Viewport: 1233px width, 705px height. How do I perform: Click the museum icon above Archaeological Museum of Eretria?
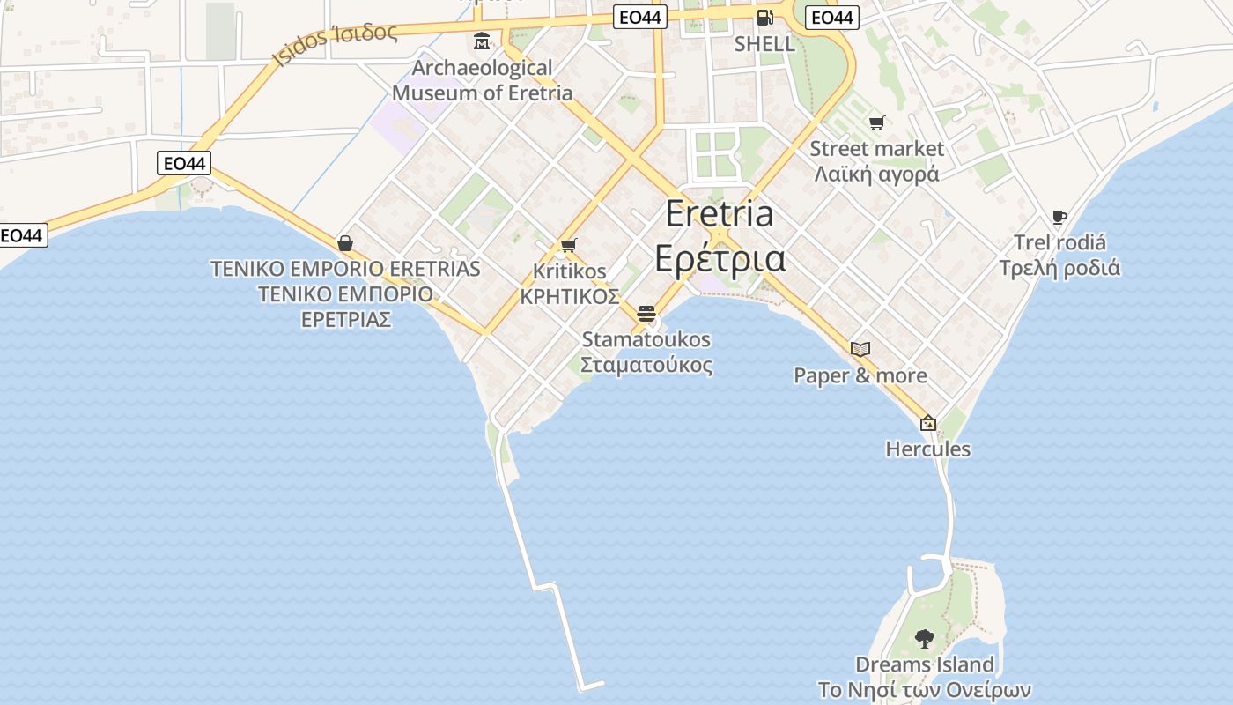[x=482, y=41]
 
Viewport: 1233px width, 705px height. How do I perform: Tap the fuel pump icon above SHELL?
[x=764, y=17]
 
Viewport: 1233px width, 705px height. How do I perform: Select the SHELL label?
[x=764, y=43]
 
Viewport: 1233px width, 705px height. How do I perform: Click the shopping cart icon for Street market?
[x=875, y=123]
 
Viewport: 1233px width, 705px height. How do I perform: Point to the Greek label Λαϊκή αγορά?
[x=876, y=174]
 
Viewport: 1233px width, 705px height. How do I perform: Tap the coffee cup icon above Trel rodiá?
[x=1059, y=217]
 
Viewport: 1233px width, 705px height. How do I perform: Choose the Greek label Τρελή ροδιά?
[x=1059, y=267]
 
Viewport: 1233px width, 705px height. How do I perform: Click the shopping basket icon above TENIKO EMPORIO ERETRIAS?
[x=345, y=242]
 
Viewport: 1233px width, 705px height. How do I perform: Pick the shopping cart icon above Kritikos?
[x=568, y=246]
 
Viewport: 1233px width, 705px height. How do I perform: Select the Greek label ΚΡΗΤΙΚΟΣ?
[x=569, y=296]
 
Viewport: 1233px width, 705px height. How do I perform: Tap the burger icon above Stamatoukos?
[x=646, y=313]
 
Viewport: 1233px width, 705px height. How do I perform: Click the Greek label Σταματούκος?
[x=646, y=365]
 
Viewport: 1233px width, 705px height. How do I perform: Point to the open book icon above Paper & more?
[x=860, y=349]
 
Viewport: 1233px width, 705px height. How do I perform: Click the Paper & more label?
[x=860, y=375]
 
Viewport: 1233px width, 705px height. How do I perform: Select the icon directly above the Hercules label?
[x=927, y=423]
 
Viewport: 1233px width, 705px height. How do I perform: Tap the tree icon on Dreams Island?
[x=924, y=638]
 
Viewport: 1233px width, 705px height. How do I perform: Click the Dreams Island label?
[x=925, y=664]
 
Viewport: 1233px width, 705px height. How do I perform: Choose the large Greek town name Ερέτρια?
[x=720, y=258]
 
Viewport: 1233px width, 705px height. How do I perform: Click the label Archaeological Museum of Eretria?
[x=483, y=80]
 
